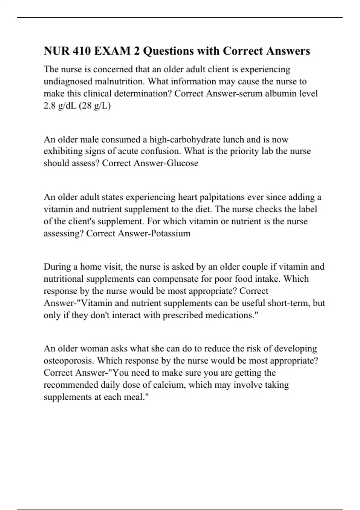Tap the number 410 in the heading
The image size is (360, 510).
pos(81,51)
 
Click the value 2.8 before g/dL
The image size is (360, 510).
pos(49,106)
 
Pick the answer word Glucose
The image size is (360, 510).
pos(184,163)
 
